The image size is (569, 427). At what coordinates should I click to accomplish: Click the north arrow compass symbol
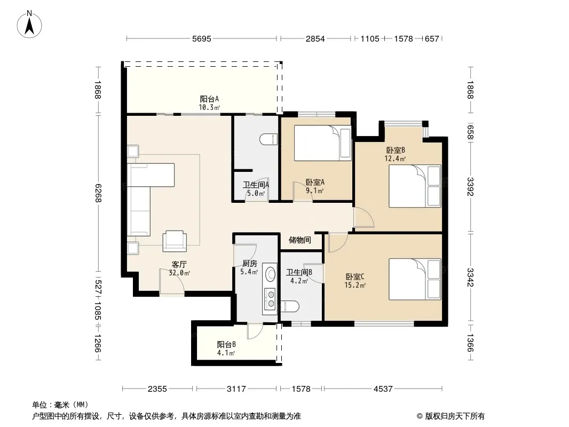[29, 25]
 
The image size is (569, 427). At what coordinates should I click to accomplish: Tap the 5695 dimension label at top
[201, 39]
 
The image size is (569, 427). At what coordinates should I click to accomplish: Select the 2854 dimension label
[315, 39]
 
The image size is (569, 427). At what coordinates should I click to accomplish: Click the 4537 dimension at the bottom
[383, 389]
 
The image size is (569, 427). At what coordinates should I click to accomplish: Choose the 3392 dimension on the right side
[470, 186]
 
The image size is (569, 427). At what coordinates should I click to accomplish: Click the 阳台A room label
[209, 99]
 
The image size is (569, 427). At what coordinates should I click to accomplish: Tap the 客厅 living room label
[179, 264]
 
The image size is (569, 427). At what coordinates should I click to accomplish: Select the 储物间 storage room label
[300, 240]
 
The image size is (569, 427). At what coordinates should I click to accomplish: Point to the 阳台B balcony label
[226, 344]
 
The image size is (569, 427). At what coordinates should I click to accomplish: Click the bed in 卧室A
[322, 143]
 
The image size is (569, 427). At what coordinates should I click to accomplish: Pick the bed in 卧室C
[415, 279]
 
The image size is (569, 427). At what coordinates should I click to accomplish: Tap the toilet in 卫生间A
[269, 139]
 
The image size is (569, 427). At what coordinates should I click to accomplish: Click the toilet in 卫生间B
[290, 306]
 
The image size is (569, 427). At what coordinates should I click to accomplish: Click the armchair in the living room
[175, 241]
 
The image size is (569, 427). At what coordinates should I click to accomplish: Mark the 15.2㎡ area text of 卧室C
[355, 285]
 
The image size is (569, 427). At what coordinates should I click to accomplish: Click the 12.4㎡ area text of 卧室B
[395, 159]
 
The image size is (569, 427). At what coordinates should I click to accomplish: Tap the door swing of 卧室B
[363, 218]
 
